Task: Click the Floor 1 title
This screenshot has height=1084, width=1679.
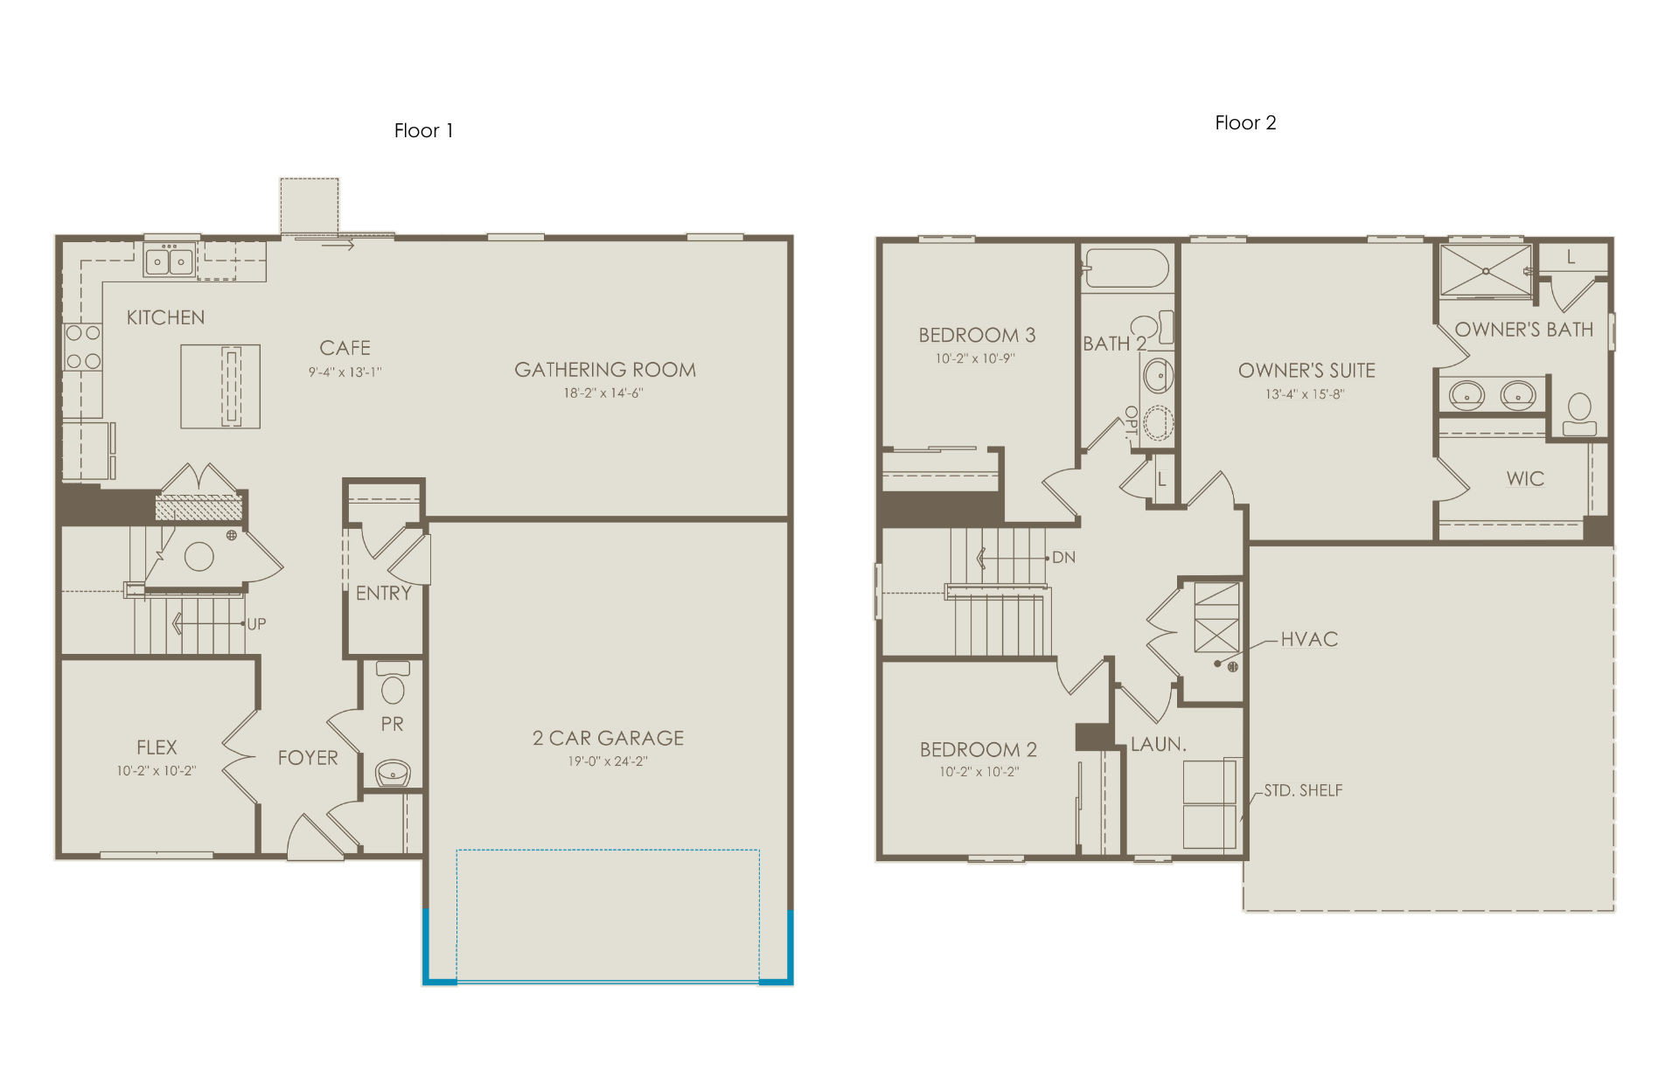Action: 423,131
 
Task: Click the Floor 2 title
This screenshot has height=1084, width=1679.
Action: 1245,123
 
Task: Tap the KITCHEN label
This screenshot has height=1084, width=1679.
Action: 165,317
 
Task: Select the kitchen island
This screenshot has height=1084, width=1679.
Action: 220,386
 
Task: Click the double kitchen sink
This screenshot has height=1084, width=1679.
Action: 170,261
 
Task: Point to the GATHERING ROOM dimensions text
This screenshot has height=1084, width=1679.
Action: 603,393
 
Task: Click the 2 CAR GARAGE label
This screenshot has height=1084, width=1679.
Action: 609,738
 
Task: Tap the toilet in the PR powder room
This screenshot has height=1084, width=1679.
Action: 393,684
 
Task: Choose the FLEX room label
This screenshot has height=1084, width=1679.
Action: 157,747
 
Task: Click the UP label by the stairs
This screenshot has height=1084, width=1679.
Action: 256,624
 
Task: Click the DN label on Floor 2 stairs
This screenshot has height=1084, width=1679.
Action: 1064,558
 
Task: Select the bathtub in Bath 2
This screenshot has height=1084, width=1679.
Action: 1125,268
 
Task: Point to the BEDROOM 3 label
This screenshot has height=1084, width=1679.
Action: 977,335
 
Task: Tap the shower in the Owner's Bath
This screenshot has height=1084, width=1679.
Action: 1486,272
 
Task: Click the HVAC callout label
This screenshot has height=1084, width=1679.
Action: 1309,639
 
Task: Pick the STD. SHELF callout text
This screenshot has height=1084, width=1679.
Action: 1303,790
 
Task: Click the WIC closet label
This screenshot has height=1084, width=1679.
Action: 1525,479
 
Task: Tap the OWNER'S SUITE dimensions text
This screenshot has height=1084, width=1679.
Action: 1305,394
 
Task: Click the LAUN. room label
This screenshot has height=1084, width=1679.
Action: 1159,745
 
